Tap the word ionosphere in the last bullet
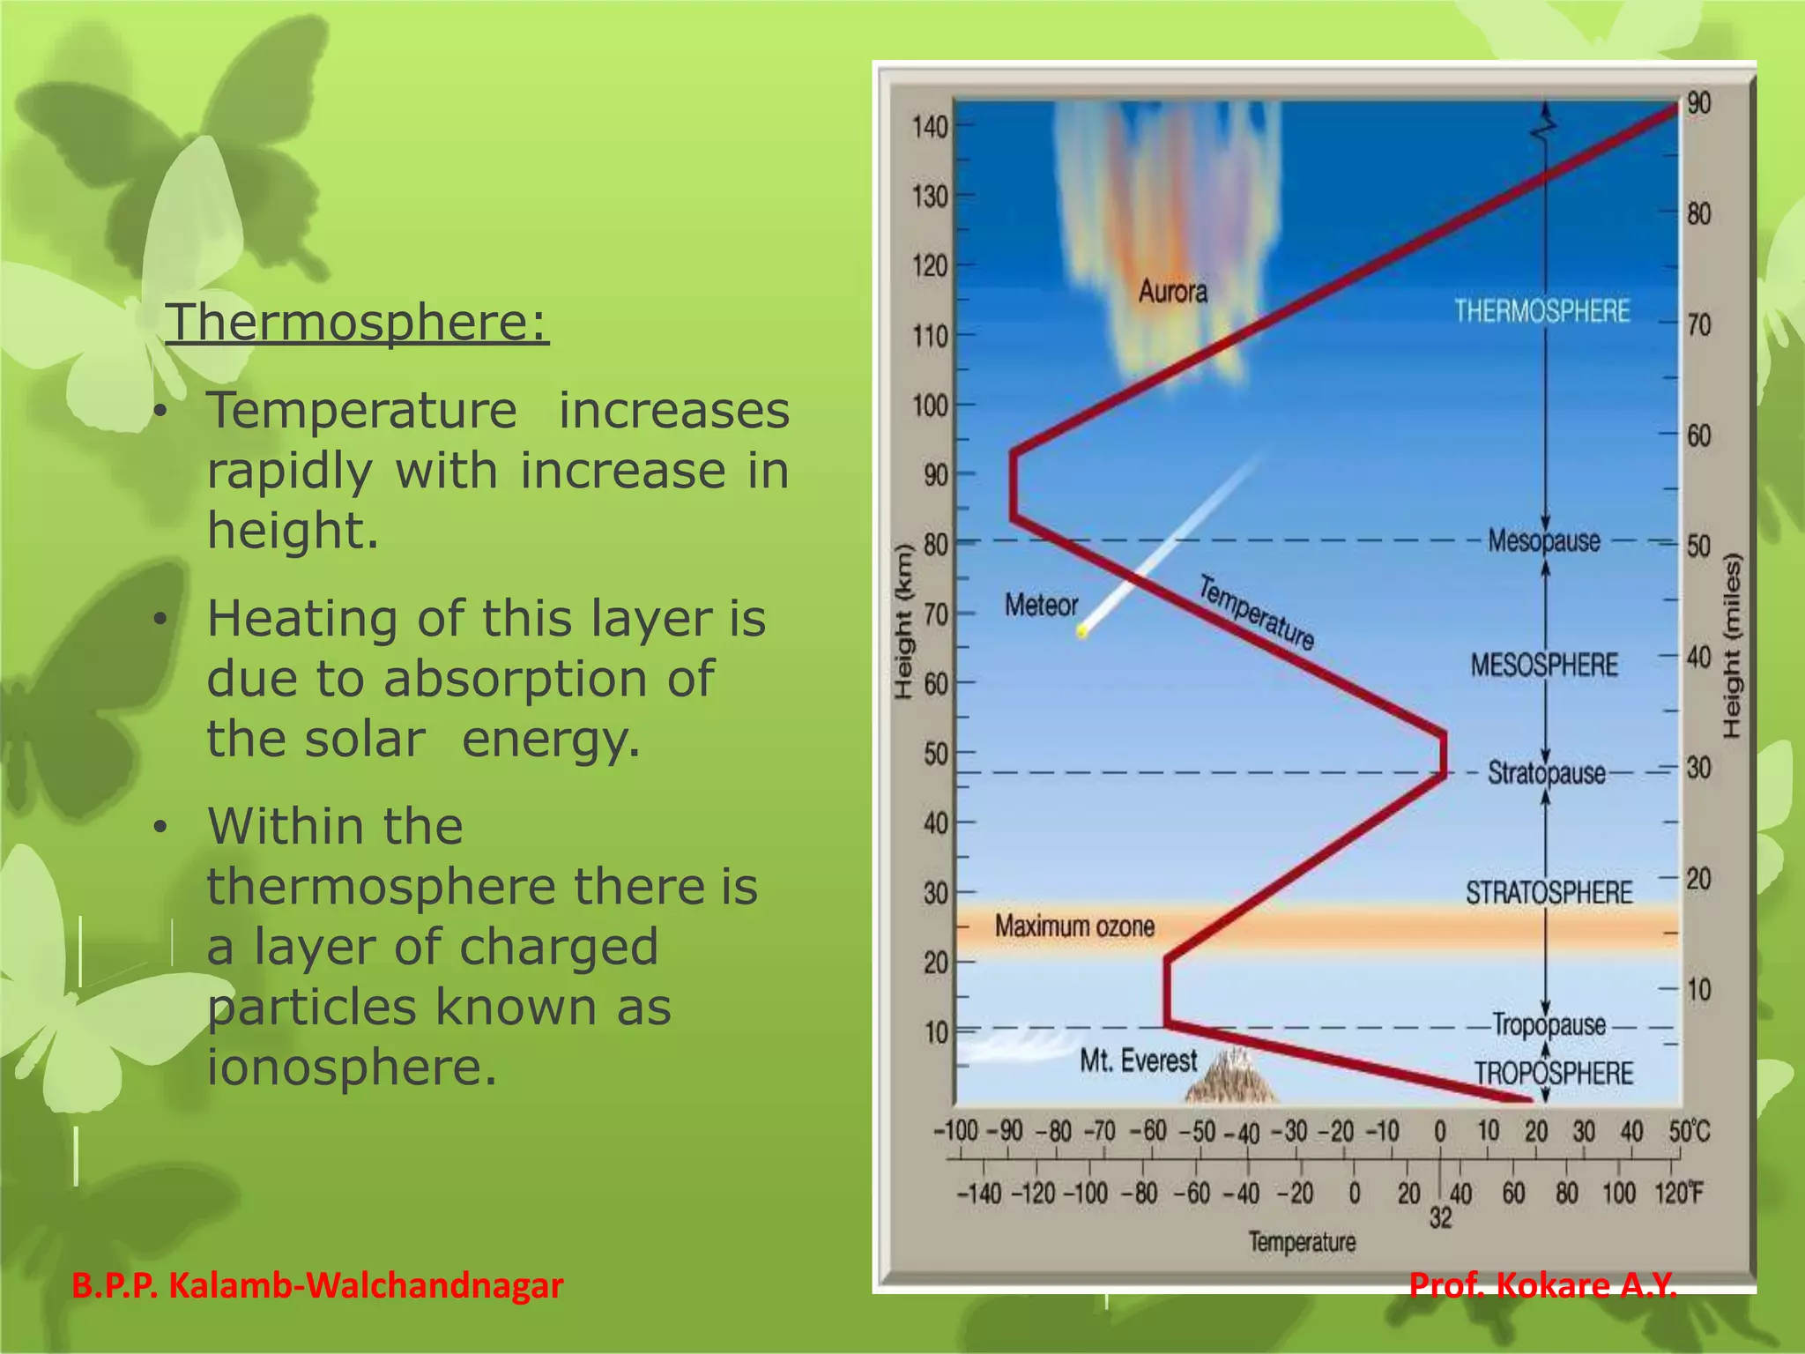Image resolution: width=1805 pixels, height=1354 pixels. click(352, 1067)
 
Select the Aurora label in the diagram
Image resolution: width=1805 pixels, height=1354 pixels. click(1172, 292)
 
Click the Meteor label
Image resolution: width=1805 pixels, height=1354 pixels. click(1041, 606)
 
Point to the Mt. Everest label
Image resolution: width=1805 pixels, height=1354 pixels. click(1138, 1060)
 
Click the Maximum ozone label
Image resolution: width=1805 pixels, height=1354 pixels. click(1074, 926)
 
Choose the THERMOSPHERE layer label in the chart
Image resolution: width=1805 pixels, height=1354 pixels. click(1541, 311)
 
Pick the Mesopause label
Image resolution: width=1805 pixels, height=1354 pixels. click(1543, 540)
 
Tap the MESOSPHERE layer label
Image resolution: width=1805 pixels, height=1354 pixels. click(1544, 665)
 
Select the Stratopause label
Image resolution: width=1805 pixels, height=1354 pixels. click(1546, 773)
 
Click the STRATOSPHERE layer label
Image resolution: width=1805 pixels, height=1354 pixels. click(1549, 893)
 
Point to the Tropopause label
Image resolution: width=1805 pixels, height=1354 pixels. click(1549, 1025)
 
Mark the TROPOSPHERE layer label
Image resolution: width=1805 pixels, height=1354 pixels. click(1554, 1074)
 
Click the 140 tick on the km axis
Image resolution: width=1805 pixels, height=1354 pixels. click(930, 127)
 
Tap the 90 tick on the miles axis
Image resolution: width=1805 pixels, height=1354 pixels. click(1698, 103)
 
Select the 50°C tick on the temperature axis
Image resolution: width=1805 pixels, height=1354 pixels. click(1688, 1131)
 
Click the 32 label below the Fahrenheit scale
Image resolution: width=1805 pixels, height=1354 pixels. click(1440, 1218)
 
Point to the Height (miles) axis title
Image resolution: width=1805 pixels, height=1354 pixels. click(1732, 646)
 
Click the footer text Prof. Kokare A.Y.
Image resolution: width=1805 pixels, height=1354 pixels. click(1542, 1285)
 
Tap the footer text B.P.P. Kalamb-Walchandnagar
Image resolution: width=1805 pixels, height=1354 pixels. click(317, 1285)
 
